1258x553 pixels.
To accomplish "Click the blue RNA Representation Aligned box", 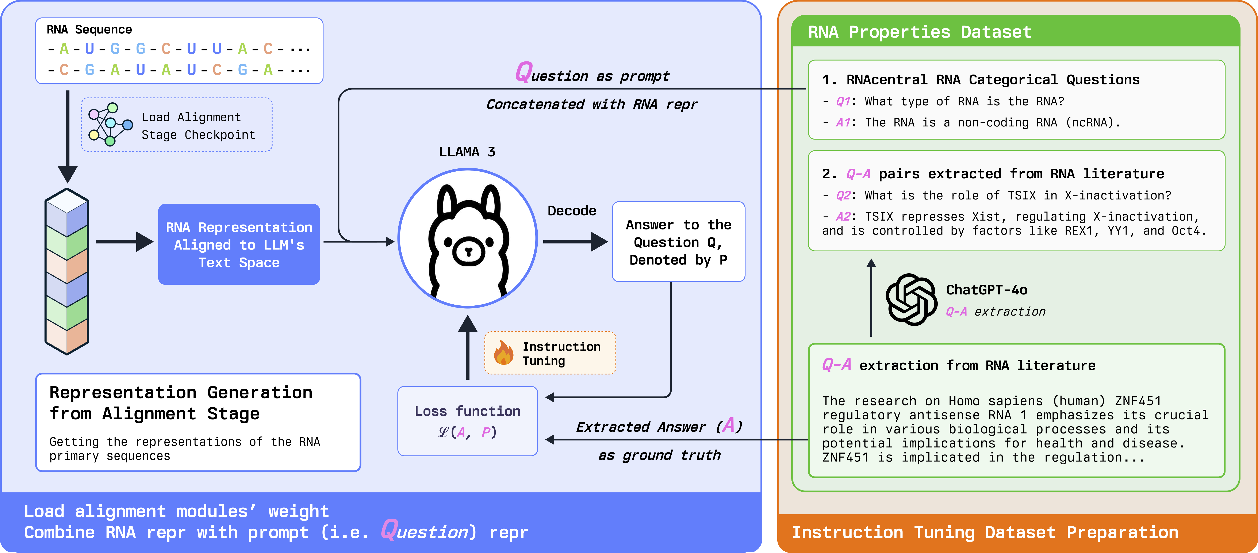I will pyautogui.click(x=239, y=244).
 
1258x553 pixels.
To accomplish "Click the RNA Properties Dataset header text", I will pyautogui.click(x=920, y=32).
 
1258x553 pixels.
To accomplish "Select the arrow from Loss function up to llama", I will pyautogui.click(x=467, y=347).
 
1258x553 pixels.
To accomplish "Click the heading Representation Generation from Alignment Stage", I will pyautogui.click(x=181, y=403).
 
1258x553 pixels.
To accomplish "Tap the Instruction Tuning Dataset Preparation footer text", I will pyautogui.click(x=985, y=533).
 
